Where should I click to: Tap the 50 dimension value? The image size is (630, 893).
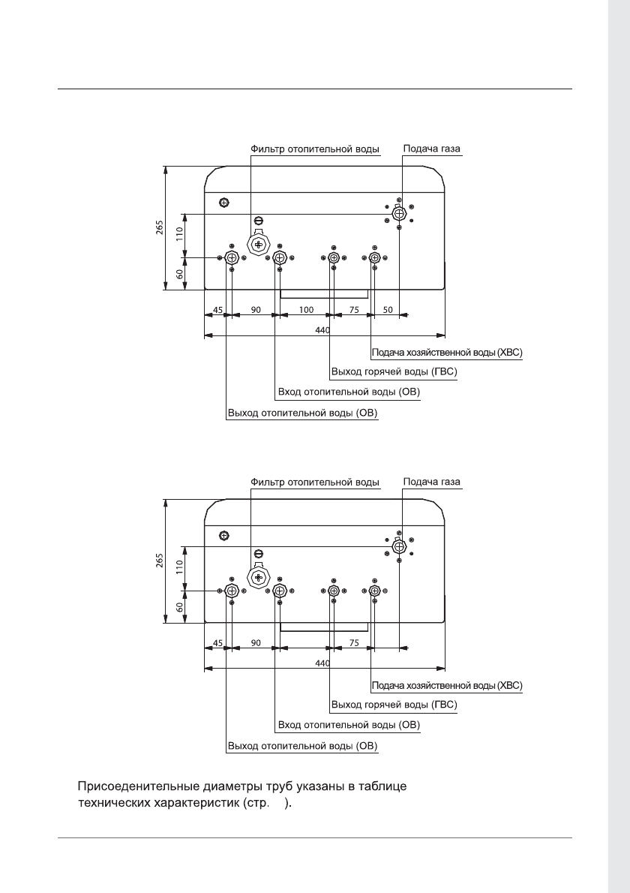point(388,309)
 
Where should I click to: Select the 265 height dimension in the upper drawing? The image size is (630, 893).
point(160,227)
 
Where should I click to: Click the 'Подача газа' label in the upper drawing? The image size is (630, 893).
point(431,149)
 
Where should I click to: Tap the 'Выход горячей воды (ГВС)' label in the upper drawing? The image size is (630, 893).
point(394,371)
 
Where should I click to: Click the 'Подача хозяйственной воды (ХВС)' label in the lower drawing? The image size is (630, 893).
point(447,685)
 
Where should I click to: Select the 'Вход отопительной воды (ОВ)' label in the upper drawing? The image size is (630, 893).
point(349,392)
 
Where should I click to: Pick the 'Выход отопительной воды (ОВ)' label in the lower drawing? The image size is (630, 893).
point(302,747)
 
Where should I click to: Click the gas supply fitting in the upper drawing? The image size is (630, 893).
point(399,214)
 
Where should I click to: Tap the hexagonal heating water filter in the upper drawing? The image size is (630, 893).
point(259,245)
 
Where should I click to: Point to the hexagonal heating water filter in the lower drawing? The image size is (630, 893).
point(259,577)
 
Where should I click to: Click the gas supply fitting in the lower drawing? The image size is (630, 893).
point(399,546)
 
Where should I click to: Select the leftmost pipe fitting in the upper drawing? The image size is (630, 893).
point(232,259)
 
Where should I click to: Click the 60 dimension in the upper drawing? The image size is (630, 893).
point(180,274)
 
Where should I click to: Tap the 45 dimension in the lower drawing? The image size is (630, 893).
point(217,642)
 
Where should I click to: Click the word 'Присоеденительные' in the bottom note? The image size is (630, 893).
point(139,787)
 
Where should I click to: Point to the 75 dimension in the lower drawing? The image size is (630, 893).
point(354,642)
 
